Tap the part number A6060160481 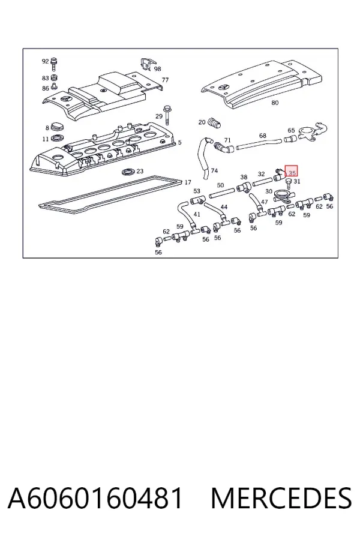point(95,498)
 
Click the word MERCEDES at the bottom point(281,498)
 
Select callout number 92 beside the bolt point(45,61)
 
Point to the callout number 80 point(275,103)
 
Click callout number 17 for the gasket point(188,182)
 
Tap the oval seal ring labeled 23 point(128,172)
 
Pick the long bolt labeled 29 point(167,114)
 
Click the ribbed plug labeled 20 point(214,122)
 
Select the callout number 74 point(214,170)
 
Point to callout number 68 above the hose point(263,136)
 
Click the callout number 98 point(157,69)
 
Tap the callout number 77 point(166,80)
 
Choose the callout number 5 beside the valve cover point(179,143)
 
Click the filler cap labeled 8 point(58,127)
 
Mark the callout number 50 point(220,185)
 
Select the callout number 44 point(224,206)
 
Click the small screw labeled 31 point(289,181)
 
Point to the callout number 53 point(197,191)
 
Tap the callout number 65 point(291,130)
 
